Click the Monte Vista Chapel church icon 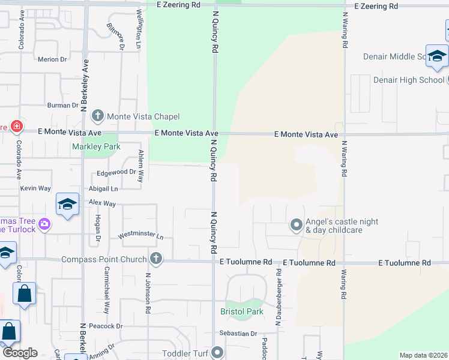pos(99,116)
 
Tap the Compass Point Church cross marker pos(155,259)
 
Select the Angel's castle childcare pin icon pos(296,226)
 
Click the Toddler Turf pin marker pos(217,353)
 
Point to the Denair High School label pos(408,80)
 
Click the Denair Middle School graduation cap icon pos(437,56)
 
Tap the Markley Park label pos(96,146)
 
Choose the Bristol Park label pos(242,312)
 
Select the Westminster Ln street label pos(140,236)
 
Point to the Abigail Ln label pos(103,187)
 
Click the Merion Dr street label pos(52,59)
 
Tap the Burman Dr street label pos(62,105)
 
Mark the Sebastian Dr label pos(238,334)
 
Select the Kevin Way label pos(35,188)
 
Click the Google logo pos(20,353)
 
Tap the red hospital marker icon pos(16,127)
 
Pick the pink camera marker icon pos(44,225)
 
